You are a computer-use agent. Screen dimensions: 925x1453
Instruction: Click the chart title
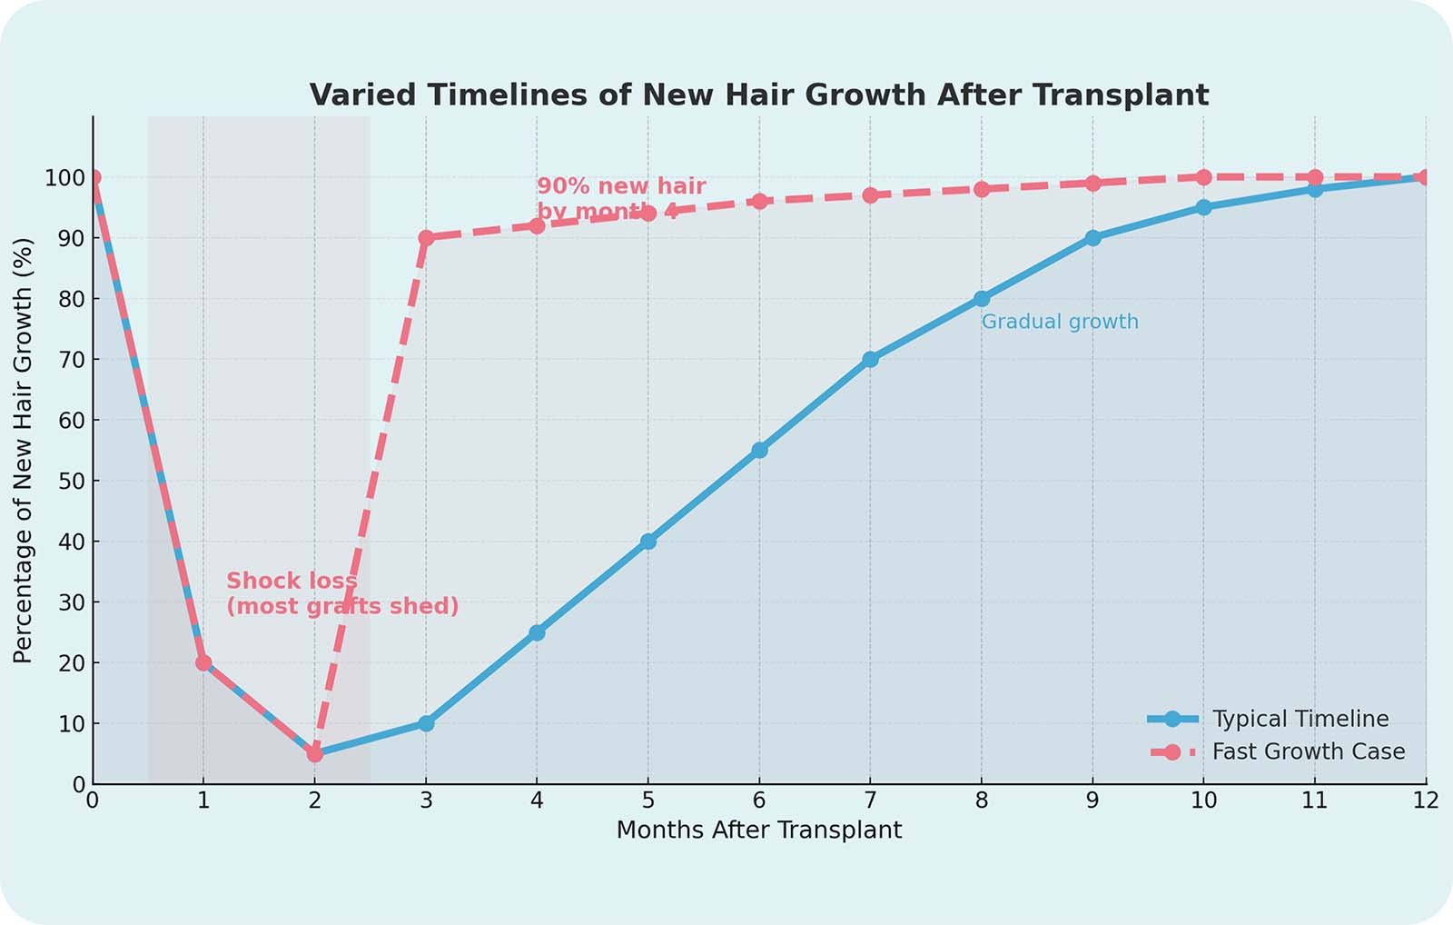pyautogui.click(x=759, y=94)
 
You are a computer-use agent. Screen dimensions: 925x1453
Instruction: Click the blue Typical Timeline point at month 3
pyautogui.click(x=426, y=723)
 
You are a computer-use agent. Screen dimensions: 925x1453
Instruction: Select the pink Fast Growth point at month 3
pyautogui.click(x=426, y=237)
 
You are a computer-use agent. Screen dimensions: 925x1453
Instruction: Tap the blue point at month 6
pyautogui.click(x=759, y=450)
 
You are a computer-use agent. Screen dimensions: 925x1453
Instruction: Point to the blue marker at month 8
pyautogui.click(x=982, y=298)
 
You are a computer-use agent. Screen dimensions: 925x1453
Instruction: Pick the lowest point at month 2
pyautogui.click(x=314, y=753)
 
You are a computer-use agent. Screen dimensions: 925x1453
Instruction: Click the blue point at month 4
pyautogui.click(x=537, y=632)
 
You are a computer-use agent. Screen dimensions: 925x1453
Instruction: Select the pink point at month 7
pyautogui.click(x=870, y=194)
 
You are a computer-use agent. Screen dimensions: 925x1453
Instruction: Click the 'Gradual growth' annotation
pyautogui.click(x=1060, y=322)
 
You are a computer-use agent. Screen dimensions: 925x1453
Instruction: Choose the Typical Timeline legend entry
pyautogui.click(x=1300, y=719)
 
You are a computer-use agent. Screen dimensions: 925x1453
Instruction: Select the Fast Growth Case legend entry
pyautogui.click(x=1308, y=751)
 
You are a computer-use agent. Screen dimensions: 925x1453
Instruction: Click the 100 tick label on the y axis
pyautogui.click(x=65, y=177)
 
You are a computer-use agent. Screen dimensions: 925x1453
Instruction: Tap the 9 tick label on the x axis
pyautogui.click(x=1092, y=801)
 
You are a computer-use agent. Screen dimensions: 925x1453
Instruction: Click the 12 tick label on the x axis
pyautogui.click(x=1425, y=801)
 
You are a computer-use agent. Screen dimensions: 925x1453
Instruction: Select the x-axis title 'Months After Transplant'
pyautogui.click(x=759, y=830)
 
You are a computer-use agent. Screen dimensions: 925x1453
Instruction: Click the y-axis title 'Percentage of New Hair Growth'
pyautogui.click(x=23, y=450)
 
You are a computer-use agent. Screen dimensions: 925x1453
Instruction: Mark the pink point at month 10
pyautogui.click(x=1203, y=177)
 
